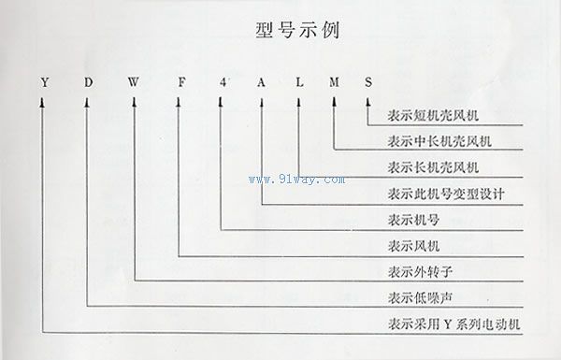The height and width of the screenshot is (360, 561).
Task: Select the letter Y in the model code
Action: pyautogui.click(x=44, y=82)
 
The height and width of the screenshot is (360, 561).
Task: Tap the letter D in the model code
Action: pyautogui.click(x=88, y=82)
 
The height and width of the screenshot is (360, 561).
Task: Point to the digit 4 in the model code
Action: pyautogui.click(x=221, y=82)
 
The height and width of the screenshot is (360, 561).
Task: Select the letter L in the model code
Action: pyautogui.click(x=298, y=82)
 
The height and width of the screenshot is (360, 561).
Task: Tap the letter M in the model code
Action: pyautogui.click(x=334, y=82)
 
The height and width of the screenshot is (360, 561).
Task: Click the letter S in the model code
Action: pyautogui.click(x=368, y=82)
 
